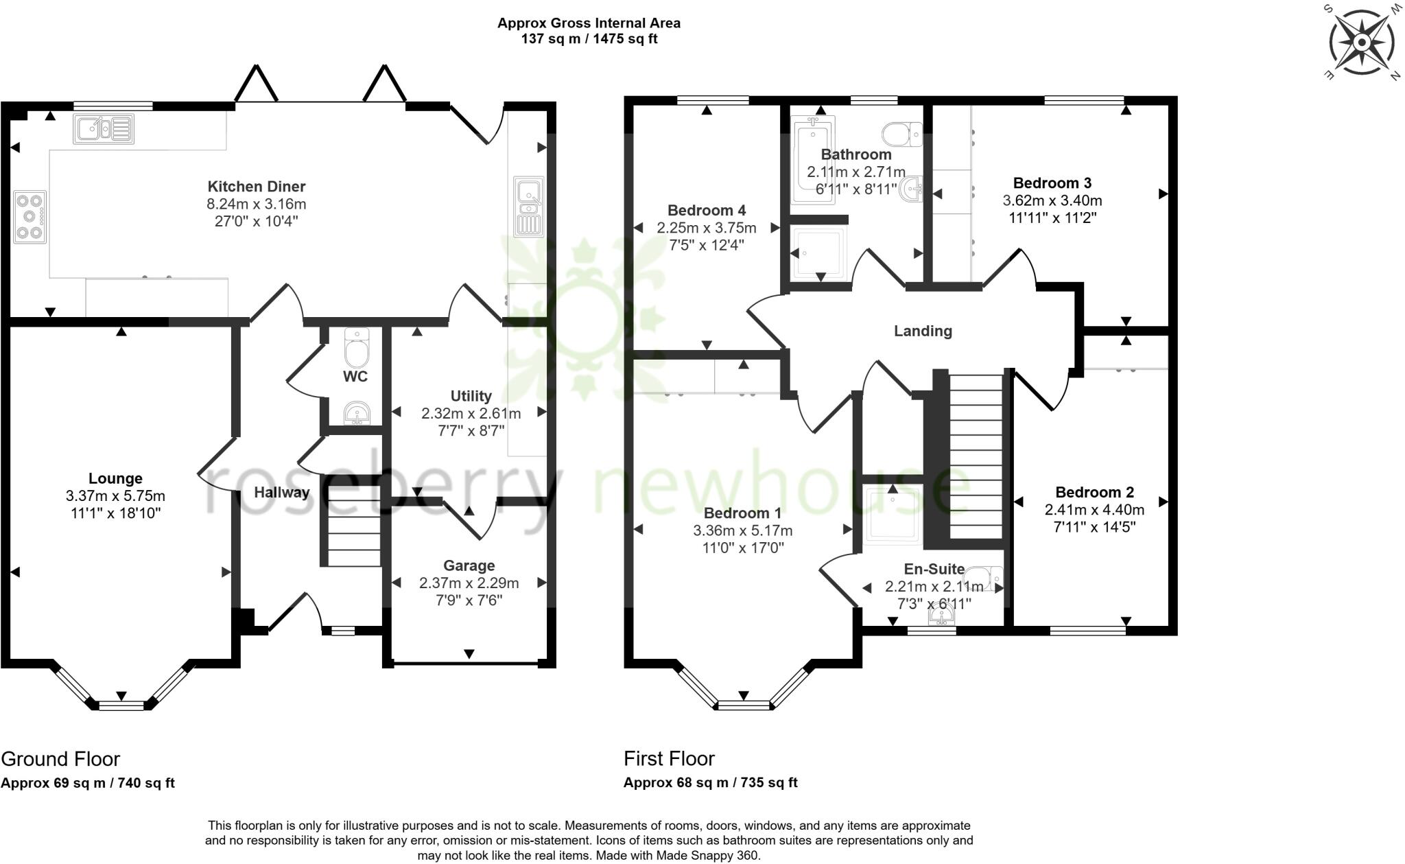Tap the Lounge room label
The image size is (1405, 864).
[115, 478]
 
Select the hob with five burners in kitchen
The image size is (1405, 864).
[29, 217]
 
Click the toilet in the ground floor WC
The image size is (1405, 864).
[356, 348]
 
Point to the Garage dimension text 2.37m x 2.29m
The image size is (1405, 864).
[469, 583]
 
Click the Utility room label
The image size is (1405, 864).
[471, 396]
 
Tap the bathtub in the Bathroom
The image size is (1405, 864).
[812, 159]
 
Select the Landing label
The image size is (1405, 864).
[923, 331]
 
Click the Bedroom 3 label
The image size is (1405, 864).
[1052, 183]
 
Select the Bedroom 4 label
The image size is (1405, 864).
[706, 211]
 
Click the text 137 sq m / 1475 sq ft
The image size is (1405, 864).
[589, 39]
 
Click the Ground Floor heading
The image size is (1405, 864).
[60, 759]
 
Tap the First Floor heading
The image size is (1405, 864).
[669, 759]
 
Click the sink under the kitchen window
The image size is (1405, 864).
[104, 128]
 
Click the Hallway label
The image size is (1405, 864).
[281, 492]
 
